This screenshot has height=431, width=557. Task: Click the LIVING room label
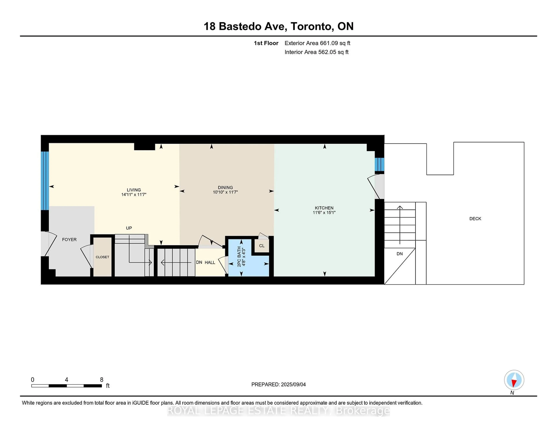(x=134, y=190)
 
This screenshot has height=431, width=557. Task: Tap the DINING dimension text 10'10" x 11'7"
(x=225, y=192)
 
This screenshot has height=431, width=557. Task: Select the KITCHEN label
(x=324, y=208)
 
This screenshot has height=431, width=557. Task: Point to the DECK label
(x=475, y=219)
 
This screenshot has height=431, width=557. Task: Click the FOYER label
(x=69, y=239)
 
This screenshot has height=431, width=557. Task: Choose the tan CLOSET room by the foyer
(x=102, y=257)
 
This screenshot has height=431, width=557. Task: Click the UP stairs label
(x=129, y=228)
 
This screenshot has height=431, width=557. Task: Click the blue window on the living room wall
(x=45, y=181)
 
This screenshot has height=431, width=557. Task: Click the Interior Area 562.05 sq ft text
(x=316, y=52)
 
